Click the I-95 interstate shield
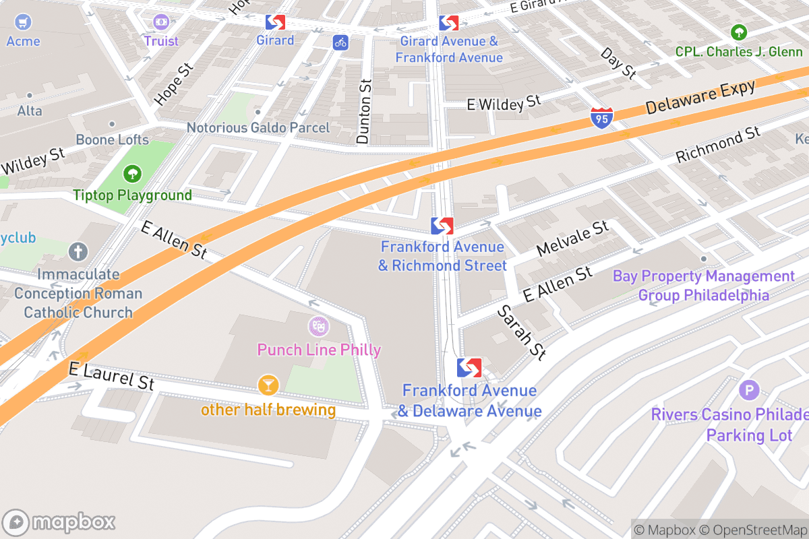point(601,118)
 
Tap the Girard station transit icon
point(274,22)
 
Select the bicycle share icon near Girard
point(340,42)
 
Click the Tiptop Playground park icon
point(132,175)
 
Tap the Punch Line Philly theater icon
point(318,327)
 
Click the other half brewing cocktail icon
point(268,385)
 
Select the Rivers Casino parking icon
point(748,390)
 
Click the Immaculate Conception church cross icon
point(78,252)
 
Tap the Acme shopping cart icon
point(23,22)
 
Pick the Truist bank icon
point(161,22)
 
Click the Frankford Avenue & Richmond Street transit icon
point(442,226)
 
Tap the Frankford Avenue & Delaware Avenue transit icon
point(469,368)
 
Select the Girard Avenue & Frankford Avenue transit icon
point(448,22)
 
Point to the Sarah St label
point(521,332)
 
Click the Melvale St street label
point(572,239)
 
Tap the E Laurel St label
point(111,376)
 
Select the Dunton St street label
point(364,111)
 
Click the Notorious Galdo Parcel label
point(258,127)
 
